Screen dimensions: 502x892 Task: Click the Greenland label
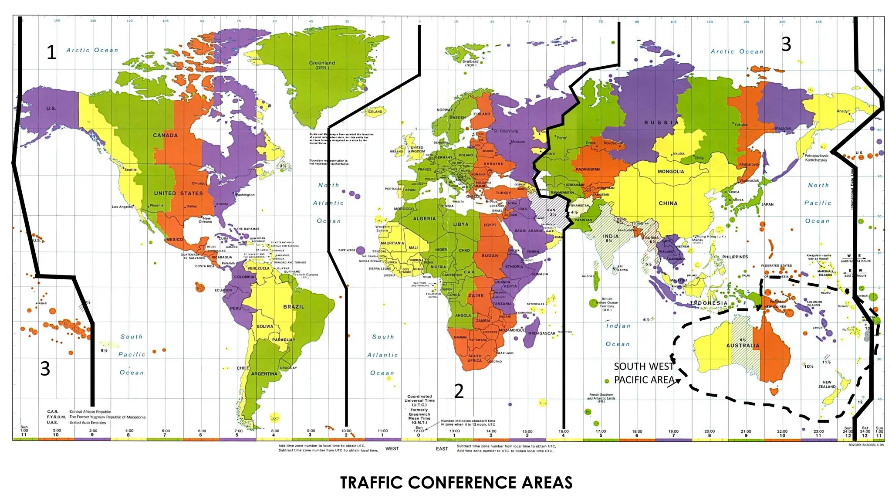click(x=322, y=64)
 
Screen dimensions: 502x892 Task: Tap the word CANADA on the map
click(x=165, y=135)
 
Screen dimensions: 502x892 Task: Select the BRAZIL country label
click(x=294, y=307)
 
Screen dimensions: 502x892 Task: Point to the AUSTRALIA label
click(x=743, y=346)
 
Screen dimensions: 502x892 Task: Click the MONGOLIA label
click(x=671, y=172)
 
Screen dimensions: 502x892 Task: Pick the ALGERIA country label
click(x=424, y=219)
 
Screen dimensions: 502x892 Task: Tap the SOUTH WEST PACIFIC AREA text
click(x=644, y=373)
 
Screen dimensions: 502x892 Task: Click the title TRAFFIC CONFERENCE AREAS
click(x=456, y=483)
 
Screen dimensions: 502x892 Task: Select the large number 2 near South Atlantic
click(x=459, y=391)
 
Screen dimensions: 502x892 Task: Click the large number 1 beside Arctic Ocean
click(x=51, y=52)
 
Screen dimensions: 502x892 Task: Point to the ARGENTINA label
click(x=264, y=374)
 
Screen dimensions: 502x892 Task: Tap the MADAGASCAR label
click(x=541, y=333)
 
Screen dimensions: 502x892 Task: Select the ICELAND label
click(x=375, y=112)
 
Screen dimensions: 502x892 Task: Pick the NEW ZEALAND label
click(x=827, y=384)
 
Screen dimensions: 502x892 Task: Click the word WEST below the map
click(x=392, y=448)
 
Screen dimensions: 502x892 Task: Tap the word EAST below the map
click(x=442, y=448)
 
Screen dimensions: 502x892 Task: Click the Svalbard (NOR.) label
click(x=470, y=63)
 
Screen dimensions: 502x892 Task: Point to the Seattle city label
click(x=130, y=170)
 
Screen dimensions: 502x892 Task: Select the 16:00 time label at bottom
click(x=563, y=431)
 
